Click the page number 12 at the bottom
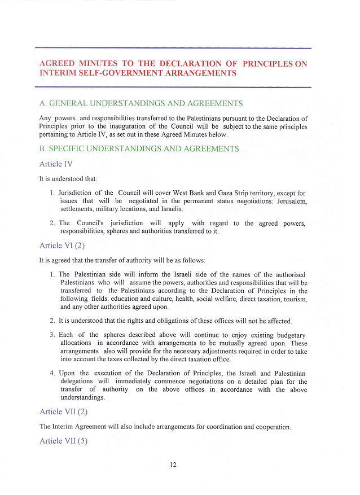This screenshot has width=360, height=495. [x=173, y=465]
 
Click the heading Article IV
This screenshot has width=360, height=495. [x=56, y=164]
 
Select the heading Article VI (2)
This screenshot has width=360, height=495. [x=62, y=246]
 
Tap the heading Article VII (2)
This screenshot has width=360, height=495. [x=63, y=411]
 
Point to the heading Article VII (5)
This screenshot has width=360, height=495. [x=63, y=441]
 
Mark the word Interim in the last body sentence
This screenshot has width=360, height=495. [x=64, y=427]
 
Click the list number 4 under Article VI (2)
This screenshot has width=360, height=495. [x=52, y=374]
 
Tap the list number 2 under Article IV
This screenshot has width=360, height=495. [x=52, y=224]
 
